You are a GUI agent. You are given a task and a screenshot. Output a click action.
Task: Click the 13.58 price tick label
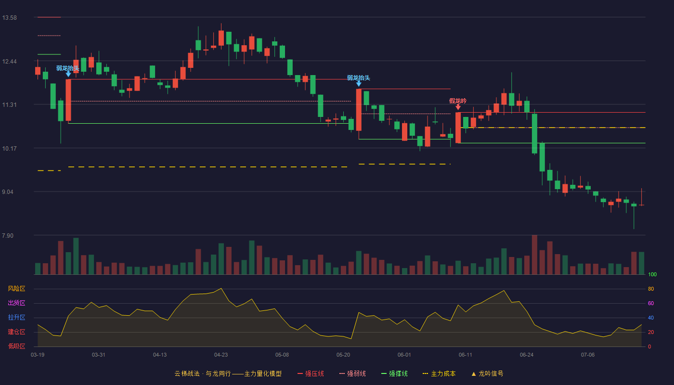(x=9, y=18)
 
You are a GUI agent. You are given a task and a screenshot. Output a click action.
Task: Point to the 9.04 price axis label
(x=8, y=192)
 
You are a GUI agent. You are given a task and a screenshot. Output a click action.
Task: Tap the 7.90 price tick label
(x=8, y=235)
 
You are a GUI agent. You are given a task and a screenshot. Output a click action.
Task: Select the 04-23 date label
(x=221, y=355)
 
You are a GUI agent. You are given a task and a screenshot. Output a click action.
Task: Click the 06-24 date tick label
(x=527, y=355)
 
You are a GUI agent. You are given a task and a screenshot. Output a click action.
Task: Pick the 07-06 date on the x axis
(x=588, y=355)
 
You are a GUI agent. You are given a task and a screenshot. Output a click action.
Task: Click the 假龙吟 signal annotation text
(x=458, y=101)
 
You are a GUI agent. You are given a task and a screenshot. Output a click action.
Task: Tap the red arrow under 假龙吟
(x=458, y=107)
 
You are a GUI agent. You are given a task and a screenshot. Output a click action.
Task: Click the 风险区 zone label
(x=16, y=289)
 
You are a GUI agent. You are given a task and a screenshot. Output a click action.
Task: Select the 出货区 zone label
(x=16, y=303)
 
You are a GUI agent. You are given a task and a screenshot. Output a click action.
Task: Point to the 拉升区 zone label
(x=16, y=317)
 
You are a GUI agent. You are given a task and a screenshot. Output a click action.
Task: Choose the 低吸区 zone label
(x=16, y=346)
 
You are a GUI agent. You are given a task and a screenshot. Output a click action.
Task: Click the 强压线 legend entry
(x=311, y=373)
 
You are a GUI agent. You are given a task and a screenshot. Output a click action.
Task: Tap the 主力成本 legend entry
(x=439, y=373)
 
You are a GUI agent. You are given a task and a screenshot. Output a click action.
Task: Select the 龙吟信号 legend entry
(x=487, y=373)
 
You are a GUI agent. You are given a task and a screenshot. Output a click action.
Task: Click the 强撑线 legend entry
(x=394, y=373)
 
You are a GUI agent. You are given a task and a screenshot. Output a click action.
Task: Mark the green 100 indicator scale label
(x=652, y=274)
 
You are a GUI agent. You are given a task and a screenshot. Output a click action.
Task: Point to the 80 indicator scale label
(x=651, y=289)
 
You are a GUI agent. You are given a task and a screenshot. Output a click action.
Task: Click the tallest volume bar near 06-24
(x=534, y=255)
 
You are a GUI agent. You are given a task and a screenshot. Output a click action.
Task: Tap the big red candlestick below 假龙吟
(x=458, y=128)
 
